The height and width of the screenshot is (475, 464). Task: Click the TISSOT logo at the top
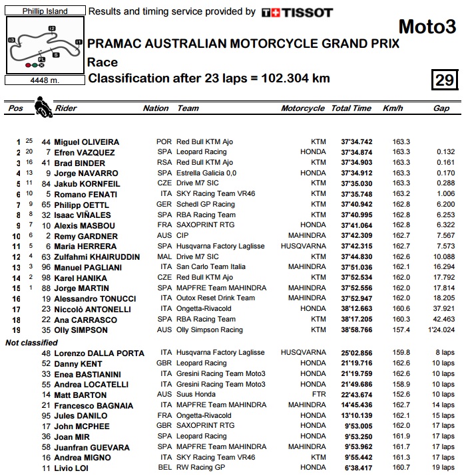[x=296, y=12]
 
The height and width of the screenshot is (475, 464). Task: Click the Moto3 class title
[x=427, y=27]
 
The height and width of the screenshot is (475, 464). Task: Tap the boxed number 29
[x=444, y=80]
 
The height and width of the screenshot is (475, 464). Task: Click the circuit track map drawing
[x=44, y=46]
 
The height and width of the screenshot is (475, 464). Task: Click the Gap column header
[x=441, y=108]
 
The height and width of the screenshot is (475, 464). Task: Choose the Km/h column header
[x=393, y=108]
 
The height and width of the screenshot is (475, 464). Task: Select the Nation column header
[x=156, y=108]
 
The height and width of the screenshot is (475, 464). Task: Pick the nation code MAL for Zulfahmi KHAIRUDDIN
[x=164, y=256]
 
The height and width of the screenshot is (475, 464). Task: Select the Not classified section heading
[x=31, y=342]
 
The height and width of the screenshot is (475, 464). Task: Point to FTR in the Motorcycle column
[x=318, y=395]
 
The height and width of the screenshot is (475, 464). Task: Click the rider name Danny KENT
[x=78, y=363]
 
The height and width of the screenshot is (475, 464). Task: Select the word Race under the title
[x=103, y=62]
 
